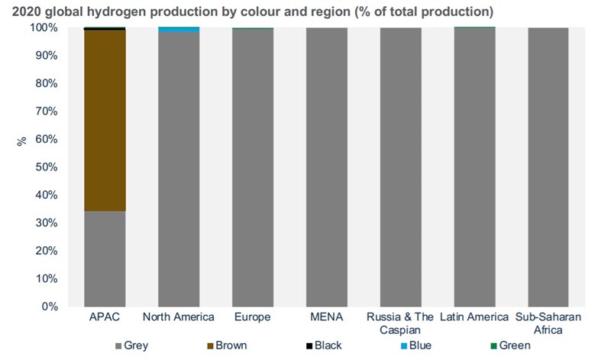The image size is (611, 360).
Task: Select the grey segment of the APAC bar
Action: click(105, 258)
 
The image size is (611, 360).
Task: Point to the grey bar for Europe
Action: click(253, 167)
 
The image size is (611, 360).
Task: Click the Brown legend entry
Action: click(226, 345)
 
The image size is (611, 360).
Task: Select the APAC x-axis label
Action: click(105, 317)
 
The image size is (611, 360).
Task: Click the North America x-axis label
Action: click(179, 317)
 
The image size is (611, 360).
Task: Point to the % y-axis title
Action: click(21, 141)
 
